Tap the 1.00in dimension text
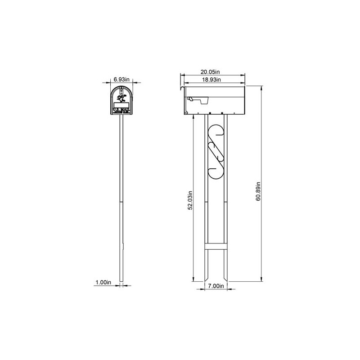[103, 282]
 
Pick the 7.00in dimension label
[216, 286]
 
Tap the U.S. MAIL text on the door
[121, 109]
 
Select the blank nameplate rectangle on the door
[121, 105]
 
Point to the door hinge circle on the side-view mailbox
[186, 113]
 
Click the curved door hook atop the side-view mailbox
[182, 88]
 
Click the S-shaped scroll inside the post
[216, 151]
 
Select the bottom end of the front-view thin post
[121, 281]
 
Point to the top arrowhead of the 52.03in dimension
[193, 116]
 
